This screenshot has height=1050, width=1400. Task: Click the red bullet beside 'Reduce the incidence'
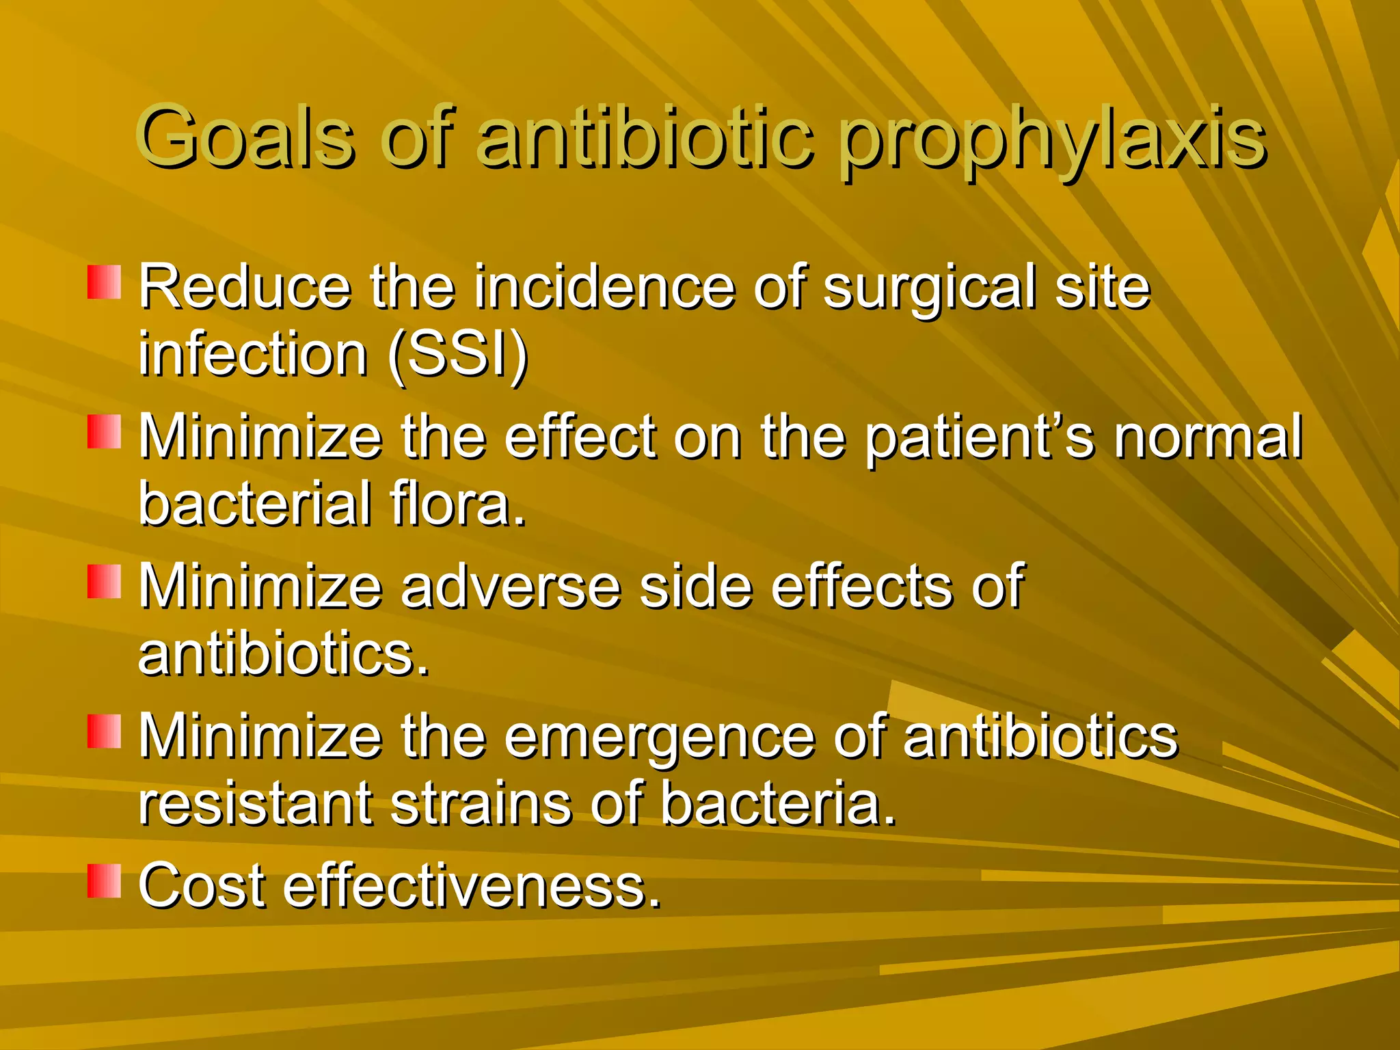coord(104,282)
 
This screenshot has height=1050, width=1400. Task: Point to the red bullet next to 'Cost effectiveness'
coord(104,880)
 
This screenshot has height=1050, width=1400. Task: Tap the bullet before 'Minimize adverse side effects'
coord(104,582)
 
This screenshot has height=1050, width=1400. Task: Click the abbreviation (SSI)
coord(457,355)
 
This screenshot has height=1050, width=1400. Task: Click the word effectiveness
coord(472,885)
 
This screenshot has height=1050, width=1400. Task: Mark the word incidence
coord(604,287)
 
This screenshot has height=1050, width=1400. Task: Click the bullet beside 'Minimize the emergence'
coord(104,731)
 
